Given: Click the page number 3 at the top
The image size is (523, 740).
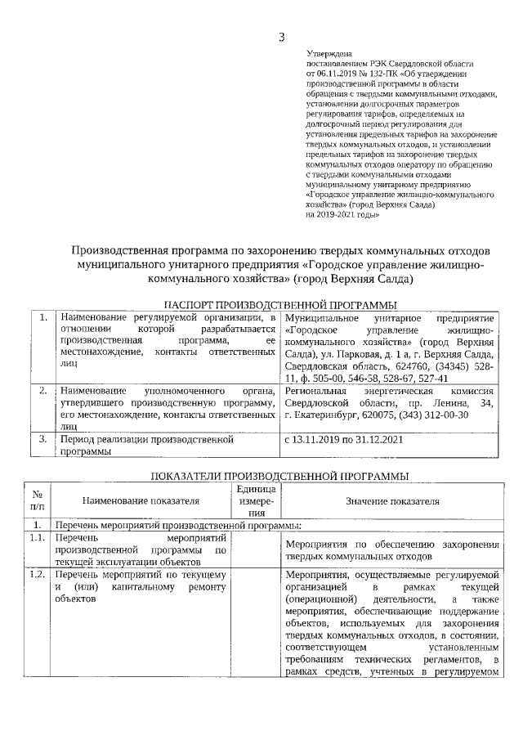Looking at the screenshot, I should pyautogui.click(x=281, y=36).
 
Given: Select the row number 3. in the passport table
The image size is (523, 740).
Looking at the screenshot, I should pyautogui.click(x=42, y=439).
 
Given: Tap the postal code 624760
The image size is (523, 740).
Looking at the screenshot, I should pyautogui.click(x=405, y=366).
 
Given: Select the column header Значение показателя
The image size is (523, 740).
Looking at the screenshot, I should pyautogui.click(x=392, y=501).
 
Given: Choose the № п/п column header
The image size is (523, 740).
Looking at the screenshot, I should pyautogui.click(x=37, y=501).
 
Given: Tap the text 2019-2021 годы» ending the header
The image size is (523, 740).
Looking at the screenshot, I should pyautogui.click(x=342, y=215).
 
